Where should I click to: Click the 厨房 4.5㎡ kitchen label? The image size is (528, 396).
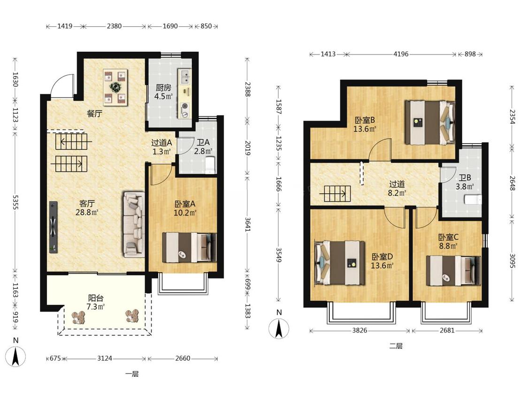click(164, 92)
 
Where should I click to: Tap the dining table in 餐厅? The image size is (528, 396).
click(115, 88)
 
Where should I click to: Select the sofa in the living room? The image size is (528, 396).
click(133, 225)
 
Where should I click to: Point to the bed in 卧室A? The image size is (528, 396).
click(189, 248)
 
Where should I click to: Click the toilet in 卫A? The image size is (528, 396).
click(210, 165)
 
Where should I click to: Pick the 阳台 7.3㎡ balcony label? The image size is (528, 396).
click(96, 302)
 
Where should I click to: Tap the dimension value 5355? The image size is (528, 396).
click(15, 202)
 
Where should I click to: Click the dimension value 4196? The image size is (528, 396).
click(401, 54)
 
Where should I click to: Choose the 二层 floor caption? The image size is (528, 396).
click(396, 346)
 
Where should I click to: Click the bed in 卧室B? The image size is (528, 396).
click(430, 122)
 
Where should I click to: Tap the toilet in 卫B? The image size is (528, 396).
click(473, 200)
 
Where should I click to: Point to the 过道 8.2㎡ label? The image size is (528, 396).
click(398, 188)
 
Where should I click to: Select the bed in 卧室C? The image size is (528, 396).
click(453, 271)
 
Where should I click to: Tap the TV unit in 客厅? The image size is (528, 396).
click(54, 227)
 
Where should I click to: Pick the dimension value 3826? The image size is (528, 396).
click(360, 330)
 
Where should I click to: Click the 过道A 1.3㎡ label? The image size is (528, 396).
click(161, 147)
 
